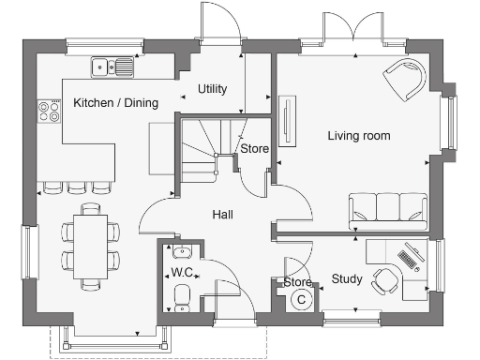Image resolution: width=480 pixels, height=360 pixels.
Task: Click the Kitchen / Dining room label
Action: [115, 102]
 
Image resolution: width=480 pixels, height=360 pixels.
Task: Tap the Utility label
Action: [212, 89]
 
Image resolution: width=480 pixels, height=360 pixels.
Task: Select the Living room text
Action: [359, 136]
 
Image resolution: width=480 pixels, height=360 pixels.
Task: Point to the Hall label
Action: [222, 215]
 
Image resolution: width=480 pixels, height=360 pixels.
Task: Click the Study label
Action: [347, 278]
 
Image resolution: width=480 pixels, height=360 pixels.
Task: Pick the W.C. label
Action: [182, 273]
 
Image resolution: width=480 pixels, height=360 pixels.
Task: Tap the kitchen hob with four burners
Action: [46, 112]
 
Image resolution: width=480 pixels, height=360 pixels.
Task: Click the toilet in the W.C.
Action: [183, 296]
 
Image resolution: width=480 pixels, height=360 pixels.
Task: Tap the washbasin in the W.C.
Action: [182, 250]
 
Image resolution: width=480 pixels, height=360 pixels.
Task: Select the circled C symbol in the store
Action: [301, 299]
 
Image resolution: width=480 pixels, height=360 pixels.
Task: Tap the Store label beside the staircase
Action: [254, 149]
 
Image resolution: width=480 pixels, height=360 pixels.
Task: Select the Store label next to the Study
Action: [297, 281]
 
